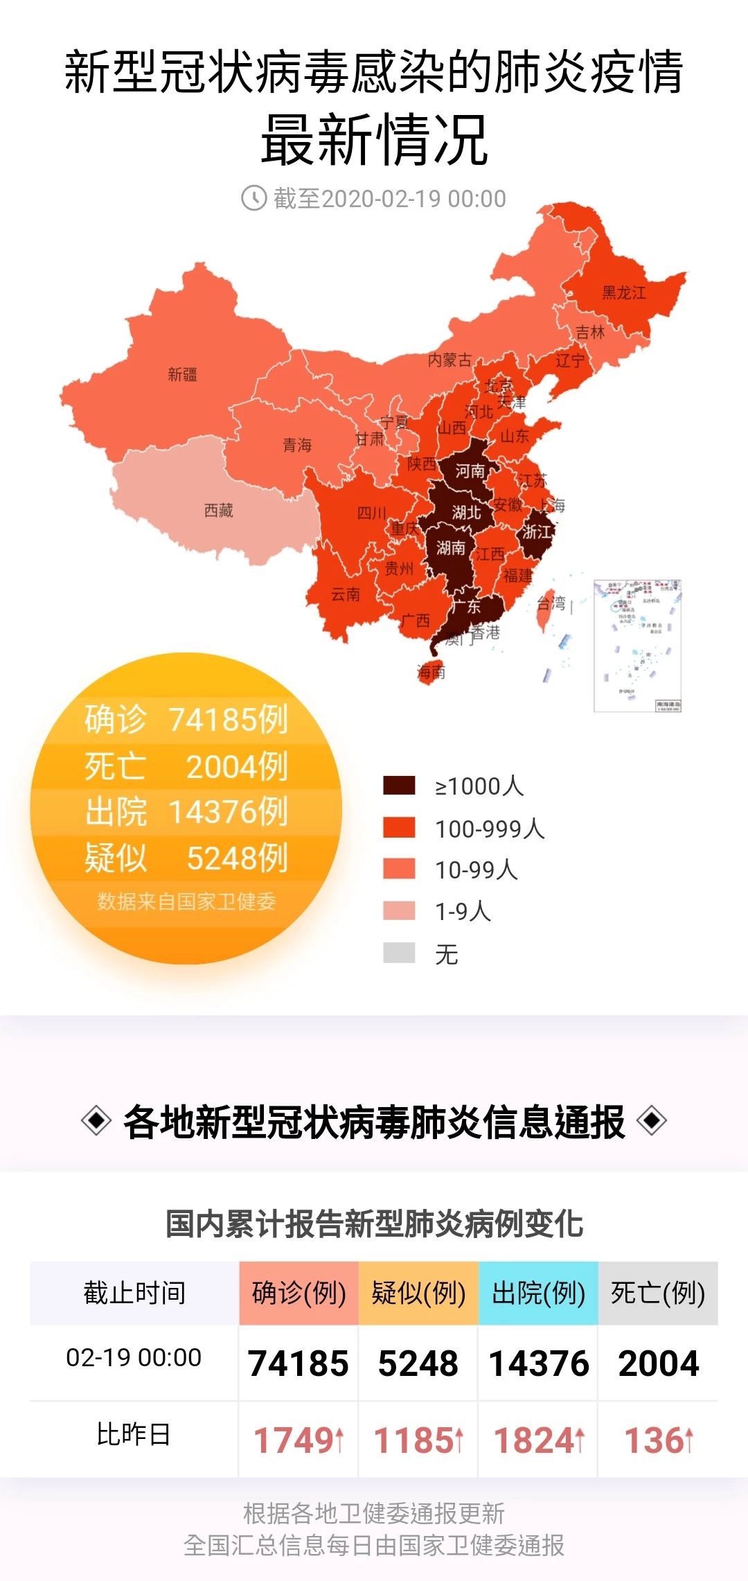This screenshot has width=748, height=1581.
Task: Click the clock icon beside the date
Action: [253, 198]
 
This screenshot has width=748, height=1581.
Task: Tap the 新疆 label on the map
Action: [183, 375]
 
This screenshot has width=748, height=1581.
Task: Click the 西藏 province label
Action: [219, 511]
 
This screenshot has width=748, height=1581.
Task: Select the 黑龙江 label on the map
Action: [623, 292]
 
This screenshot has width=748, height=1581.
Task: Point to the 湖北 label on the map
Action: [466, 513]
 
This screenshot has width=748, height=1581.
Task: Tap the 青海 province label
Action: [297, 445]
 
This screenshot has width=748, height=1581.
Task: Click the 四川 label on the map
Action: [372, 513]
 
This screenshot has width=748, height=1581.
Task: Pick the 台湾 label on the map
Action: [551, 603]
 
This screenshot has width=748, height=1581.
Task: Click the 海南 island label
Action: [431, 671]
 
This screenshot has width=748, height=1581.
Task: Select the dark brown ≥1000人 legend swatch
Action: [399, 786]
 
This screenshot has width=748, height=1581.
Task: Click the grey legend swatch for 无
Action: [399, 953]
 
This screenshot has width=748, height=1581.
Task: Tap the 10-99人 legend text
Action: [477, 870]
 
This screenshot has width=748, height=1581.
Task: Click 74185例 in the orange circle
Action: [228, 719]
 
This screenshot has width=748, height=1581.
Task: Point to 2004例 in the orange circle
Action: [237, 766]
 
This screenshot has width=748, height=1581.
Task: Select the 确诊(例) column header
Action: [299, 1293]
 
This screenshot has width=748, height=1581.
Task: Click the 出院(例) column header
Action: [538, 1293]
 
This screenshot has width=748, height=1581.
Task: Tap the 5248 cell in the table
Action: [418, 1363]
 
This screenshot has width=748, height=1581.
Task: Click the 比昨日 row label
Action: [134, 1434]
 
